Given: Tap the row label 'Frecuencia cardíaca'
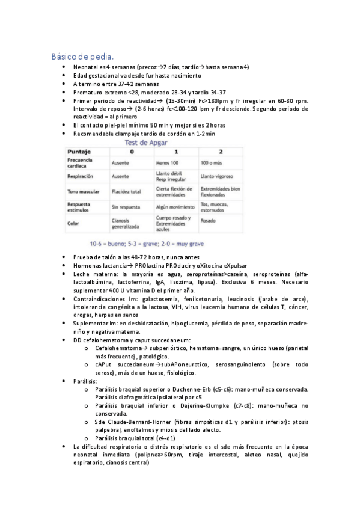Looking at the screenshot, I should tap(80, 164).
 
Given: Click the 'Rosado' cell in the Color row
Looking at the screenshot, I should tap(209, 221).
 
